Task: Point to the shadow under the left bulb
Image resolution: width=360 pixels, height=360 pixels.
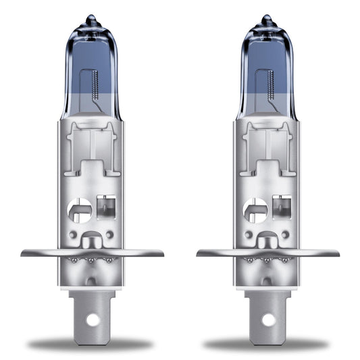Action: click(92, 344)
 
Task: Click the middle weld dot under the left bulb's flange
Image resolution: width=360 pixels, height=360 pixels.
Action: click(92, 259)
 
